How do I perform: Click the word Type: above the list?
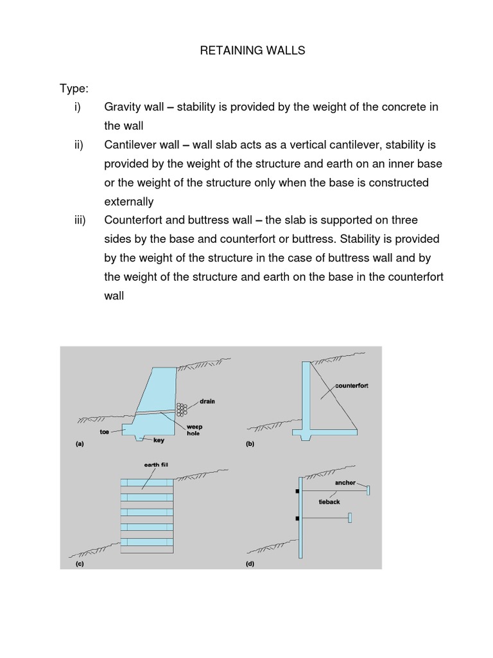pos(75,88)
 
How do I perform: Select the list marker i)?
pos(78,107)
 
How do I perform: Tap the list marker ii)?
pos(79,145)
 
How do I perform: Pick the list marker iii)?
pos(80,220)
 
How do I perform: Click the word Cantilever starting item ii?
pos(132,145)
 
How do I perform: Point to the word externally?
pos(128,202)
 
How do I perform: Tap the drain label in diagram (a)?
pos(207,401)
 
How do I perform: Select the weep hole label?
pos(195,430)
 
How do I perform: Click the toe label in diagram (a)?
pos(105,432)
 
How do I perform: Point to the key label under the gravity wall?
pos(159,441)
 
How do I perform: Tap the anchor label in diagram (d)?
pos(345,482)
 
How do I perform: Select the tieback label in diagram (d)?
pos(329,502)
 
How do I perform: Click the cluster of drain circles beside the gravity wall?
pos(182,409)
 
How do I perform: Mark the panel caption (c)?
pos(80,564)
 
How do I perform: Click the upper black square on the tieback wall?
pos(297,492)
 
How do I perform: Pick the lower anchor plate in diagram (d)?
pos(349,518)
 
